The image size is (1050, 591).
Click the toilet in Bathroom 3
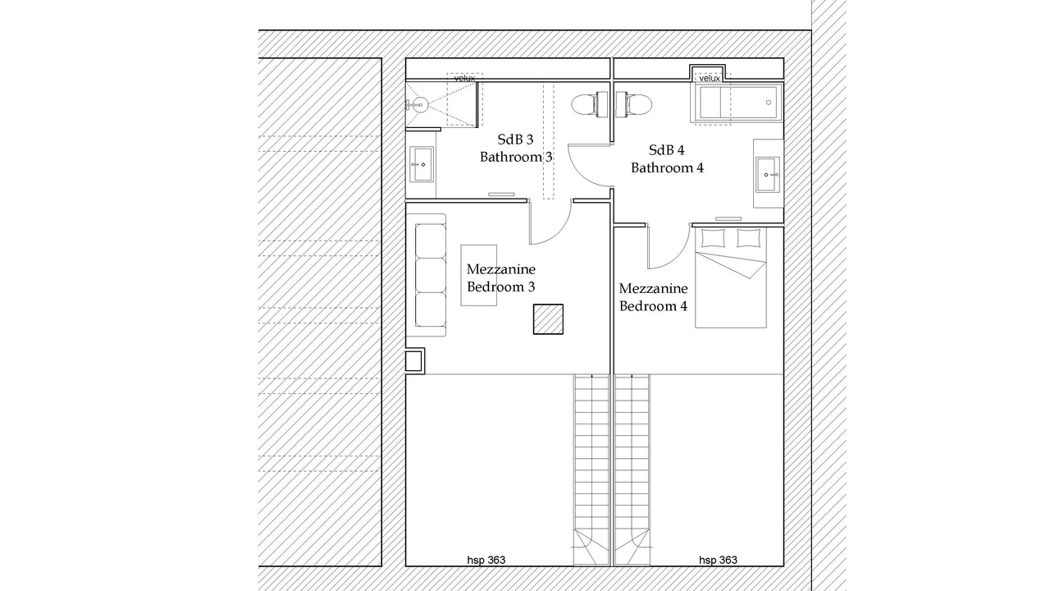point(589,104)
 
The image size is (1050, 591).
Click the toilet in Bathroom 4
point(634,104)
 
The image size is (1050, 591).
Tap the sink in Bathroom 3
point(422,164)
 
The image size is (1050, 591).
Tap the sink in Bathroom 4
point(768,175)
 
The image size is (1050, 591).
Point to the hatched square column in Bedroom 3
point(548,319)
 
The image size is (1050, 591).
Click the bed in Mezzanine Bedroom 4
point(731,277)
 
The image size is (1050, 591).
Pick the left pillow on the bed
point(713,238)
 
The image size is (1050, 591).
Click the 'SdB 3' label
point(516,140)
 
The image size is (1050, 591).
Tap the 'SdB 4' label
point(667,150)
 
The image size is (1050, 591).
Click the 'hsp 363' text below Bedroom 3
point(486,560)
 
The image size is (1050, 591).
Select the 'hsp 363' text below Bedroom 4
point(718,560)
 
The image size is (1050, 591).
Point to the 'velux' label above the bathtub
point(710,78)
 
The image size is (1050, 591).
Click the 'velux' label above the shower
point(464,78)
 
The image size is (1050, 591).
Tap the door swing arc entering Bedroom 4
point(678,256)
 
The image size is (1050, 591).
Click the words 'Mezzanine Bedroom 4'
point(654,297)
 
